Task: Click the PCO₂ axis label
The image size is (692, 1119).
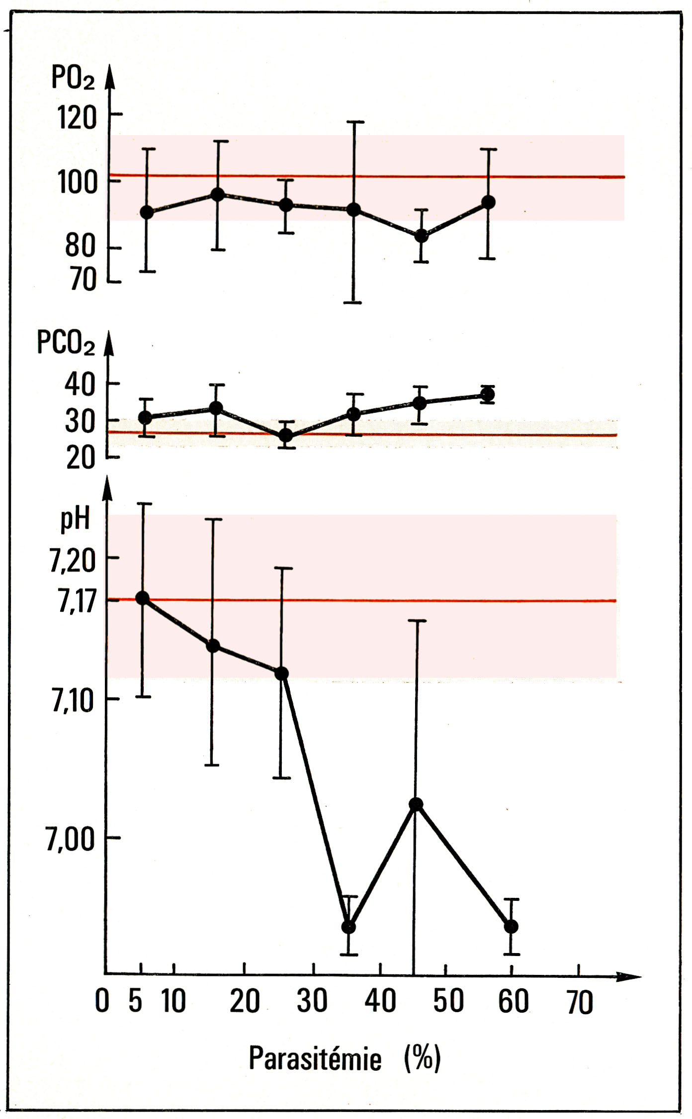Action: (66, 343)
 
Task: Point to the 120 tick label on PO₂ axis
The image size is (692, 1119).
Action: (77, 118)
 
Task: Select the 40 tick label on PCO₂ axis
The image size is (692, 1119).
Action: (80, 385)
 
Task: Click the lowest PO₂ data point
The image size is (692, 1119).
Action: (422, 235)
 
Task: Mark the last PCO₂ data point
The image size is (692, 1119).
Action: (488, 395)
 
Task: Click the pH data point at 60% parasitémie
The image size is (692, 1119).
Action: (511, 927)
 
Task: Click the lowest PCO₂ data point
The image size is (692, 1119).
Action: (286, 436)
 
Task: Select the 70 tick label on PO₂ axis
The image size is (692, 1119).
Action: (83, 281)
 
